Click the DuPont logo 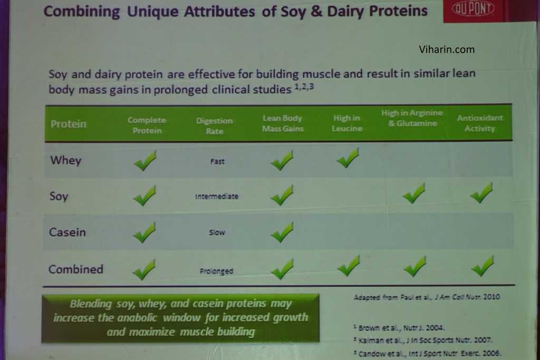[473, 8]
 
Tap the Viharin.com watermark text [447, 50]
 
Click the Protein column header [68, 124]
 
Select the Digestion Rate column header [214, 125]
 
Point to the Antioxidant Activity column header [480, 123]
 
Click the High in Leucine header [347, 123]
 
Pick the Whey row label [66, 160]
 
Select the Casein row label [67, 232]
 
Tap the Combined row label [76, 269]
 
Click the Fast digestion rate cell [217, 161]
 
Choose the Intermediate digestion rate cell [217, 197]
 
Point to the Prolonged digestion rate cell [216, 271]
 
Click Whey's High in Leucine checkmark [348, 158]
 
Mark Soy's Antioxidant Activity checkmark [481, 193]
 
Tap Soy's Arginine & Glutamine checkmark [414, 193]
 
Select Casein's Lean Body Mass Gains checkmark [282, 232]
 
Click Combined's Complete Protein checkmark [144, 269]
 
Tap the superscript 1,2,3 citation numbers [304, 86]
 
